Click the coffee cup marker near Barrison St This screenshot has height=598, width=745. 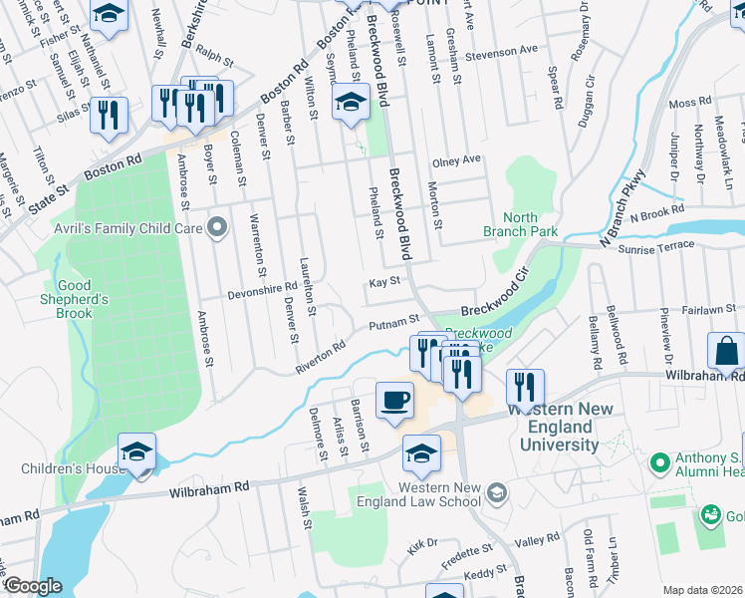pyautogui.click(x=394, y=401)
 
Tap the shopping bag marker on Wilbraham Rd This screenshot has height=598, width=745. pyautogui.click(x=726, y=351)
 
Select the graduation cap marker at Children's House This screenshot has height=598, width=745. pyautogui.click(x=136, y=451)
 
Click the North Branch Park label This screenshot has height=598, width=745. pyautogui.click(x=520, y=224)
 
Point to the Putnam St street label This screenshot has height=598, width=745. pyautogui.click(x=393, y=323)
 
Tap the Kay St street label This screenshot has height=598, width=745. pyautogui.click(x=383, y=282)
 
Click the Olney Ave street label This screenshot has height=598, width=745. pyautogui.click(x=456, y=159)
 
